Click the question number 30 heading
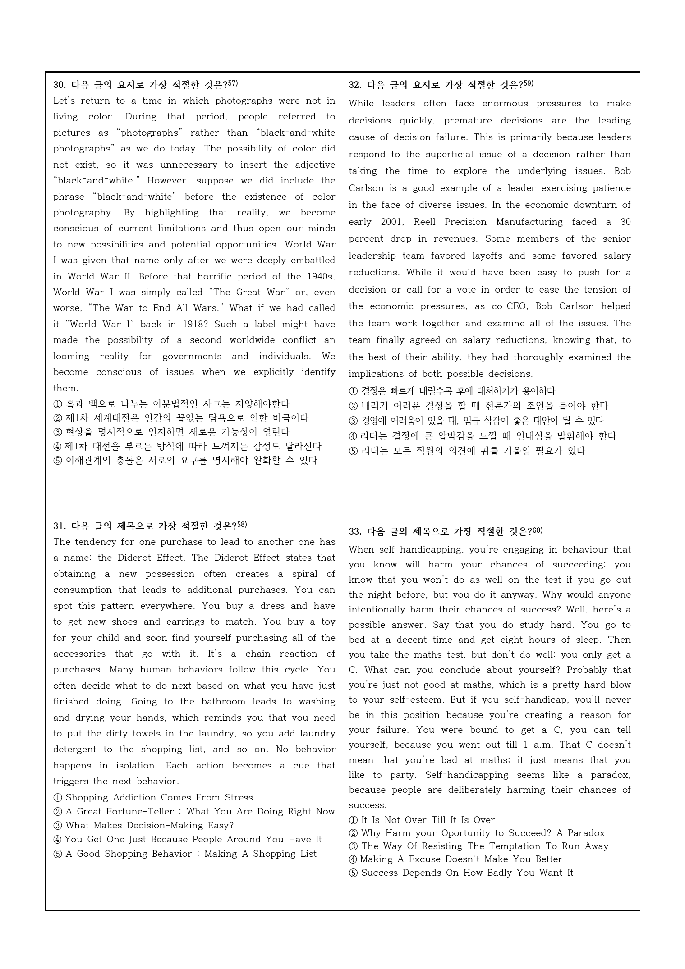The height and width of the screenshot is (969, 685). [60, 85]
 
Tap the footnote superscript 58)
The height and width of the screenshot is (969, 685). [242, 524]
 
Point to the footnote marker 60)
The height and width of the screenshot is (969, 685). [538, 530]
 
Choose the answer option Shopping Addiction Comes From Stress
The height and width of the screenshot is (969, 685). [159, 797]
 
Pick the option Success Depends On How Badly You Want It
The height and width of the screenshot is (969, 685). [467, 873]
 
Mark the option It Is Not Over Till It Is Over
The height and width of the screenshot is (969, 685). [428, 820]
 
